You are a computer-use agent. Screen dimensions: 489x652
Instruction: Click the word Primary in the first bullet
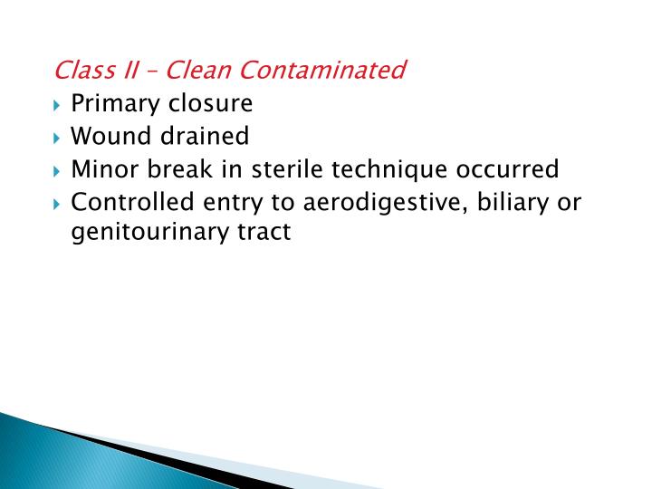click(x=114, y=103)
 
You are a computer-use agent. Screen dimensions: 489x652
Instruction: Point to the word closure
click(x=208, y=103)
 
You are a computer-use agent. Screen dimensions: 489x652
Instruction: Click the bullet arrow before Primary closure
click(x=58, y=105)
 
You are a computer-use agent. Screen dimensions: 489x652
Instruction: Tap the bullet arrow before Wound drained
click(x=58, y=138)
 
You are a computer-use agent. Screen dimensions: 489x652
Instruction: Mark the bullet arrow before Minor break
click(x=58, y=170)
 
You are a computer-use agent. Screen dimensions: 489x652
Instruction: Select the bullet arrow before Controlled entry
click(x=58, y=203)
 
